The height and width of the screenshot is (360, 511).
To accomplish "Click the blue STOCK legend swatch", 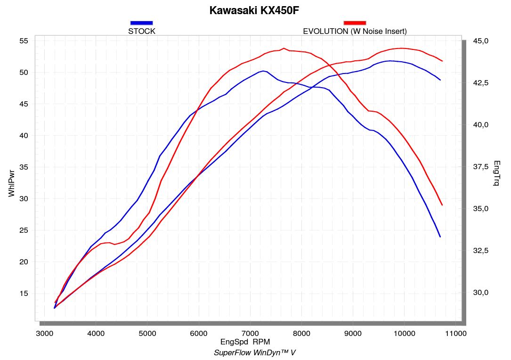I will click(x=141, y=23).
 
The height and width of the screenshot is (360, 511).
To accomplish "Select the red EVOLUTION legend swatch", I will click(x=355, y=23).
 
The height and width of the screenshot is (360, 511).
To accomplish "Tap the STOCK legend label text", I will click(x=141, y=32).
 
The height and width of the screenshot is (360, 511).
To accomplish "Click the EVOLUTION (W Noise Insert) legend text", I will click(x=355, y=32).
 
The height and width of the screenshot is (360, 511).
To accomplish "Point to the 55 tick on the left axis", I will click(x=24, y=41).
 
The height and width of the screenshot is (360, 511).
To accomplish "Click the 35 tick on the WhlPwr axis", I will click(x=24, y=167).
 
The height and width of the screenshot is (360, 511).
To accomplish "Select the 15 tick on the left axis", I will click(x=24, y=294).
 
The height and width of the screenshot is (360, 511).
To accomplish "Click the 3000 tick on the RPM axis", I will click(x=45, y=333).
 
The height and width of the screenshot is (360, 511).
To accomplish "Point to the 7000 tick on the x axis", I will click(x=250, y=333).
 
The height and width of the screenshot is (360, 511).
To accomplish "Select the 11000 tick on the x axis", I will click(x=455, y=333).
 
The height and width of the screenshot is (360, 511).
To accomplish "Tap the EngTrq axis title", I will click(x=497, y=173).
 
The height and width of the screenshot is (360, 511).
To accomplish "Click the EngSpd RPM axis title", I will click(x=245, y=342).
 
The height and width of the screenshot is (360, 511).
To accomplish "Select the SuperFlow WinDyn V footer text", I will click(x=255, y=352).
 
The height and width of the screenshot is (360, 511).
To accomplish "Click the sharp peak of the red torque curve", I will click(x=284, y=48).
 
